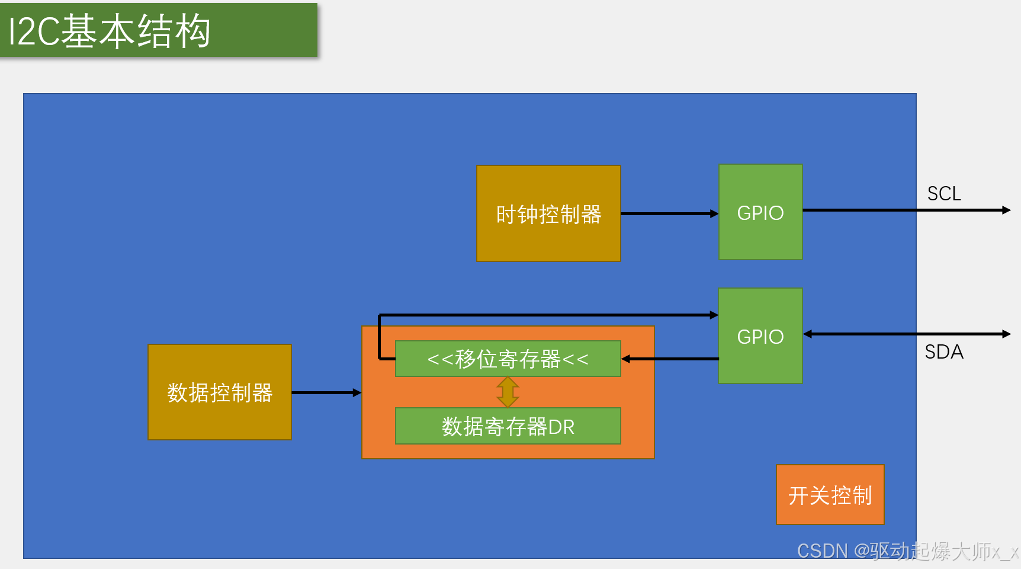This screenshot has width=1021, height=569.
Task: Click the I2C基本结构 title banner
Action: (x=159, y=30)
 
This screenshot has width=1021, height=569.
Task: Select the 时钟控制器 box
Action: (x=548, y=213)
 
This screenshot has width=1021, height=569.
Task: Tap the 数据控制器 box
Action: (x=220, y=392)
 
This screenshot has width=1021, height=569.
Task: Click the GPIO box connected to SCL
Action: (x=760, y=212)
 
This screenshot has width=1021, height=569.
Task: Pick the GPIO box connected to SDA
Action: (x=760, y=336)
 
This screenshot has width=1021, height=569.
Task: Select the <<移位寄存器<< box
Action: (x=508, y=359)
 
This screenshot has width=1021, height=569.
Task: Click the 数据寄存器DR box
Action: (x=508, y=426)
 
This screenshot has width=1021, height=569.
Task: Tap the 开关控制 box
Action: (x=830, y=495)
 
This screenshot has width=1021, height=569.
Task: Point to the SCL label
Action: (x=943, y=194)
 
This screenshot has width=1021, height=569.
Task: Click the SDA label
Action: (x=944, y=352)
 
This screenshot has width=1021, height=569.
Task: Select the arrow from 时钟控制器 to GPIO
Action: (x=669, y=213)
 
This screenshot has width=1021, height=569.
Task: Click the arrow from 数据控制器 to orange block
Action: (x=326, y=392)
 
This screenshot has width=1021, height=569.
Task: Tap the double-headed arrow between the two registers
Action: (x=508, y=392)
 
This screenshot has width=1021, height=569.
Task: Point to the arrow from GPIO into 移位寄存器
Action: (x=670, y=359)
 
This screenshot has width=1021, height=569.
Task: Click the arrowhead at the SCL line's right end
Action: (x=1006, y=210)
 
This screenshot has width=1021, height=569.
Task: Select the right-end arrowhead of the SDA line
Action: (x=1006, y=334)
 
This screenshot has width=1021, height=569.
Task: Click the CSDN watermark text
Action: (x=906, y=551)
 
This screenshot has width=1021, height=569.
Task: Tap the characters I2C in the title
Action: (x=34, y=31)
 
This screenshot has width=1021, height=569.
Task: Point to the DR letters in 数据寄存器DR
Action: (x=561, y=427)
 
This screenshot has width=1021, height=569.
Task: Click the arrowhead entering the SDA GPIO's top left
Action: (x=714, y=315)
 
